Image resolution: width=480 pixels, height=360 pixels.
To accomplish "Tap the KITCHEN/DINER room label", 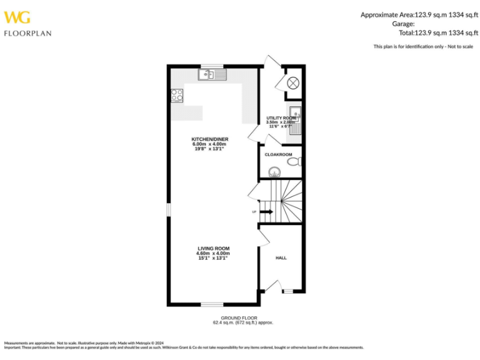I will click(x=209, y=139).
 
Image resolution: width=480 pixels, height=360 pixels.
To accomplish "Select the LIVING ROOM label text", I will click(x=213, y=248).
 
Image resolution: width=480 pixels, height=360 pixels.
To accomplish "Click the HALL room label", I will click(x=281, y=257).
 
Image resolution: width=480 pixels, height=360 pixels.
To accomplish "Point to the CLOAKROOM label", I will click(x=278, y=154).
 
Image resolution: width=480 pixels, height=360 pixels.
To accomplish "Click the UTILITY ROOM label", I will click(x=281, y=117).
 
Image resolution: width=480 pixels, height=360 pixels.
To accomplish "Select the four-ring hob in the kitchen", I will click(x=177, y=96).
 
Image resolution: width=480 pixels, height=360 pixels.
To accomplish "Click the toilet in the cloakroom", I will click(x=294, y=162).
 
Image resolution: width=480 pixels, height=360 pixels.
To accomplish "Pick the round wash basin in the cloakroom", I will click(x=273, y=171).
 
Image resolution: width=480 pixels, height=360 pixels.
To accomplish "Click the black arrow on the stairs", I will click(x=266, y=212).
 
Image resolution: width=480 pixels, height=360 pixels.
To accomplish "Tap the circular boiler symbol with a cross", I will click(x=294, y=82).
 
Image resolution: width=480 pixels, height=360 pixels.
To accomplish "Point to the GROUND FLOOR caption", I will click(x=243, y=318).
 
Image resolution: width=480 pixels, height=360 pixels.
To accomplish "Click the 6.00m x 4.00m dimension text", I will click(x=209, y=144).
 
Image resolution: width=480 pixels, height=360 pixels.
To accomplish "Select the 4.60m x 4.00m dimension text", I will click(x=213, y=253).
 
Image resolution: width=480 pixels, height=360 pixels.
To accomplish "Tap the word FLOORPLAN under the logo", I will click(x=27, y=33).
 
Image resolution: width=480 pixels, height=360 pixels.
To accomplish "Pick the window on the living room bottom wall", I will click(x=212, y=304).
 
